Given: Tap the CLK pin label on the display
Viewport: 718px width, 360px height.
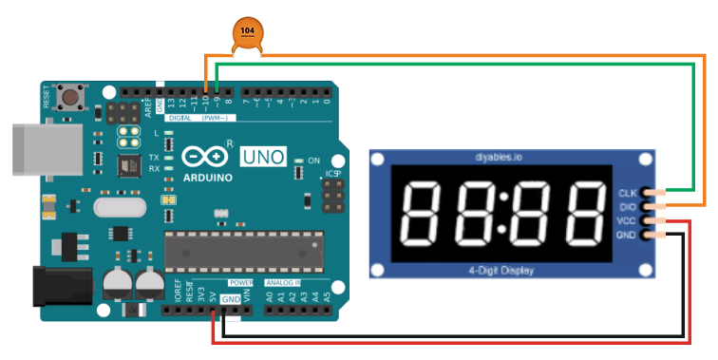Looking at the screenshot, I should pos(629,192).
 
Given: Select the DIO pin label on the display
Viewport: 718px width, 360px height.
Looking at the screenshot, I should pos(629,206).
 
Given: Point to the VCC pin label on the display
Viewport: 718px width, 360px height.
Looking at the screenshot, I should pos(628,220).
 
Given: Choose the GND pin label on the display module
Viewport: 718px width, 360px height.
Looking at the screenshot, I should pos(628,235).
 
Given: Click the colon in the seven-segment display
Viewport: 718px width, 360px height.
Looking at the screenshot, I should pos(504,212).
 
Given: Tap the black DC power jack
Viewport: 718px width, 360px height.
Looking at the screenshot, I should pos(63,288).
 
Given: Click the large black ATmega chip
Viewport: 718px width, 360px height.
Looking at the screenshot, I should pos(244,250).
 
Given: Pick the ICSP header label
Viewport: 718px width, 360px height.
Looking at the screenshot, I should pos(332,175).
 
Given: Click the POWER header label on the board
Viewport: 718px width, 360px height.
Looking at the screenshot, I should pos(241,283).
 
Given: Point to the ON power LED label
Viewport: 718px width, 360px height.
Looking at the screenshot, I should pos(314,160).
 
